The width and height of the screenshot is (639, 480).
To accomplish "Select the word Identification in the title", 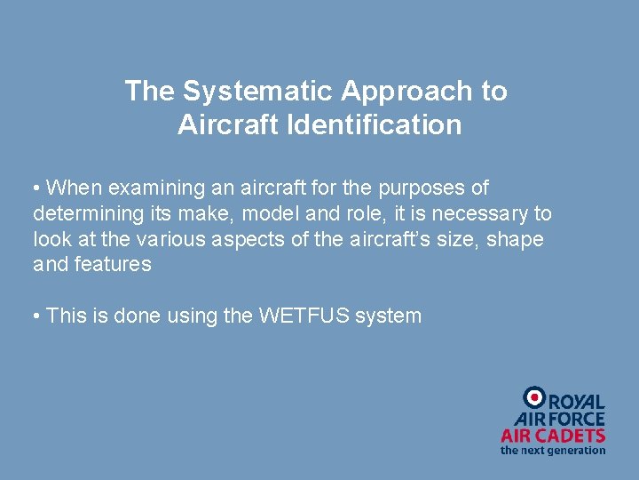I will (x=374, y=125).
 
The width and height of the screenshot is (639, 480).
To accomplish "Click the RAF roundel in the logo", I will (x=534, y=398).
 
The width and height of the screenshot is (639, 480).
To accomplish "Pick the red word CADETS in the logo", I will (x=574, y=436).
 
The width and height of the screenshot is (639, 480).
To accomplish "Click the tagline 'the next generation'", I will (x=553, y=451).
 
